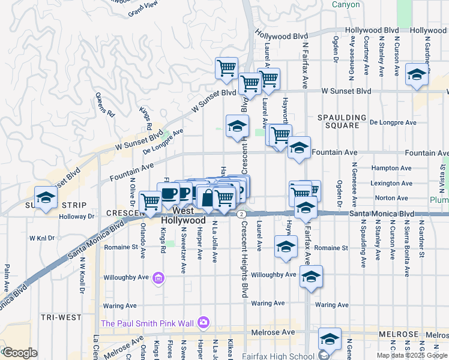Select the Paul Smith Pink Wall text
[x=147, y=323]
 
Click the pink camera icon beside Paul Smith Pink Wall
[x=204, y=323]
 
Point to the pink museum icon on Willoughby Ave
[x=159, y=278]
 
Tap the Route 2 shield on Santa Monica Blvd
[x=241, y=214]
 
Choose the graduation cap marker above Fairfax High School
[x=329, y=339]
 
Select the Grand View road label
[x=142, y=8]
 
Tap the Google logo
[x=20, y=353]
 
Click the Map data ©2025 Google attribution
[x=412, y=355]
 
